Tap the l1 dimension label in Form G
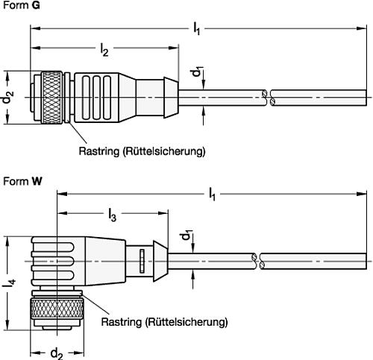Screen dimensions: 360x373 pyautogui.click(x=197, y=28)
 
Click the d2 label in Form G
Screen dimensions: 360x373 pyautogui.click(x=7, y=97)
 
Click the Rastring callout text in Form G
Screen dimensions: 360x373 pyautogui.click(x=142, y=151)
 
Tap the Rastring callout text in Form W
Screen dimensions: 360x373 pyautogui.click(x=163, y=323)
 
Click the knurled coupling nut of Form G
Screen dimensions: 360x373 pyautogui.click(x=51, y=97)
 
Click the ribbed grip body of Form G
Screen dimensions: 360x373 pyautogui.click(x=97, y=97)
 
